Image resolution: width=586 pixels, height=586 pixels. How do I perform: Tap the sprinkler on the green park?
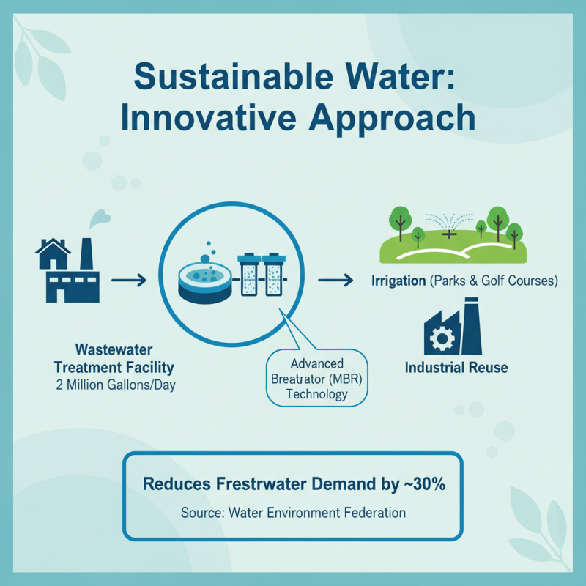click(x=449, y=229)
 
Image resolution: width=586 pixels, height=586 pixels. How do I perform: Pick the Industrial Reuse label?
click(x=456, y=367)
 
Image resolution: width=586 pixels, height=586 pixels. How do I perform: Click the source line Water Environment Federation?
click(x=317, y=513)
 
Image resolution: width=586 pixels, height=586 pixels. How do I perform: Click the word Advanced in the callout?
click(x=317, y=364)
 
